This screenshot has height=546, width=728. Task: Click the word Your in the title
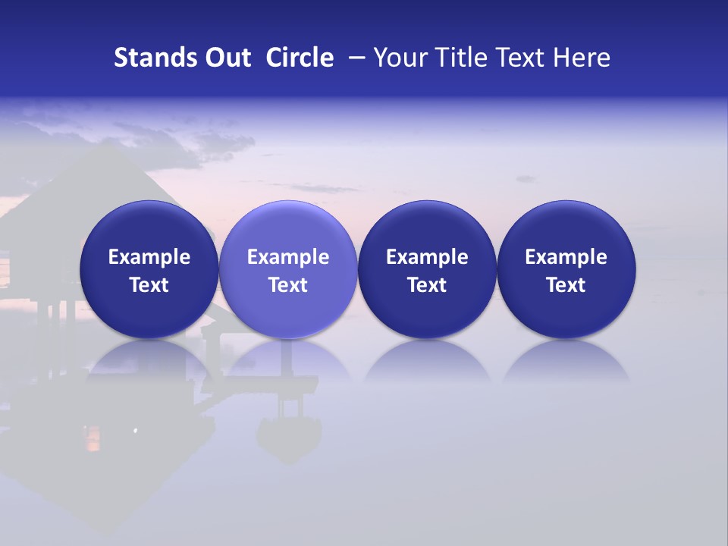(398, 58)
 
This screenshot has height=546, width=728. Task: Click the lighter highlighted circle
(288, 269)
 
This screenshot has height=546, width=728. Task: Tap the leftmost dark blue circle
(149, 269)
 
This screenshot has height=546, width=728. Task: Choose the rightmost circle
(566, 269)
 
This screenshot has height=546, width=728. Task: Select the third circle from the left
(427, 269)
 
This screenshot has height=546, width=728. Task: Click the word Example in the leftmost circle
(149, 257)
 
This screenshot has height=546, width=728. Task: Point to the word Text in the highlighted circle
(288, 285)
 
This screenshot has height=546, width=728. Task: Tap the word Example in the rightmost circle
(566, 257)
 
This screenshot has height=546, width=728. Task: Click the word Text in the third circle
(427, 285)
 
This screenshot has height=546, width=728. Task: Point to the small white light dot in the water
(136, 431)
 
